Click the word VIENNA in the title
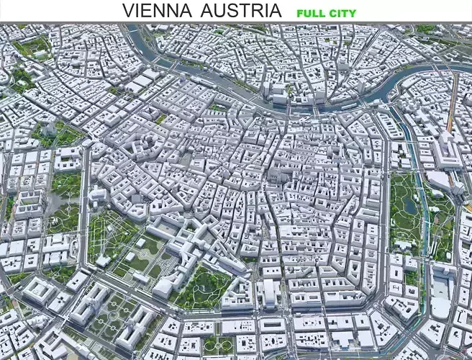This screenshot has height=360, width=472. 157,11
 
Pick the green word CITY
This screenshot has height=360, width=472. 342,13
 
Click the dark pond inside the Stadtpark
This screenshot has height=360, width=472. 408,209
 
